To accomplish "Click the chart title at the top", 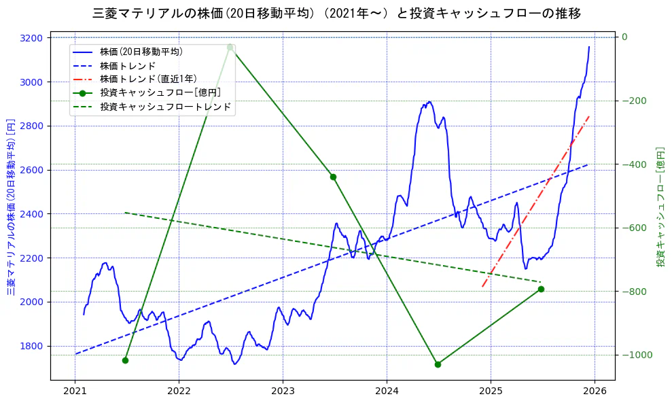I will pos(336,13).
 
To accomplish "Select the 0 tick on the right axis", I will pos(624,37).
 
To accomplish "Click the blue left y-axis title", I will pos(11,207).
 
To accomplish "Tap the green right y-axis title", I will pos(660,207).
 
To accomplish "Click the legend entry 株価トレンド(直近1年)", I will pos(148,79).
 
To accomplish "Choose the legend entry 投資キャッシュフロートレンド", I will pos(165,107).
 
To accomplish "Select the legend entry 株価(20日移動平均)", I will pos(141,51).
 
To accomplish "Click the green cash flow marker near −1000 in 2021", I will pos(125,360).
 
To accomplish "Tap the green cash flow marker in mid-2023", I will pos(333,177).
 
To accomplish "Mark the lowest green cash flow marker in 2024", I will pos(438,364).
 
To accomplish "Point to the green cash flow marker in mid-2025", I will pos(541,289).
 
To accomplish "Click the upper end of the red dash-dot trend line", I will pos(588,116).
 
